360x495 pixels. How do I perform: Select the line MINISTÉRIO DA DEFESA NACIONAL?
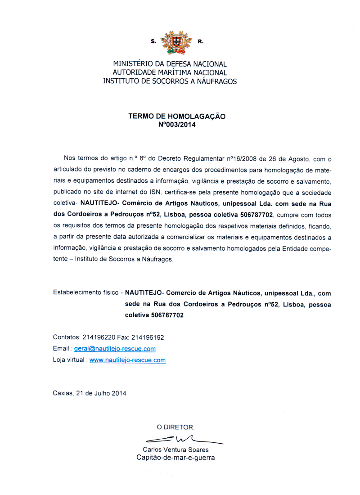pyautogui.click(x=170, y=64)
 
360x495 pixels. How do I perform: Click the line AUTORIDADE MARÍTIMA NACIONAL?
pyautogui.click(x=170, y=73)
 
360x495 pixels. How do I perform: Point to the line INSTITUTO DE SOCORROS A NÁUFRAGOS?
pyautogui.click(x=170, y=81)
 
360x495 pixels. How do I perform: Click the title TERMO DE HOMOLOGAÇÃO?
pyautogui.click(x=177, y=116)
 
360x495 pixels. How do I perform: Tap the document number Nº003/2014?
pyautogui.click(x=177, y=125)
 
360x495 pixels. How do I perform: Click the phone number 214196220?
pyautogui.click(x=99, y=337)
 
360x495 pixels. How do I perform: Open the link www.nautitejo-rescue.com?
pyautogui.click(x=128, y=360)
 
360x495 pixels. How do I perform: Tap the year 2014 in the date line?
pyautogui.click(x=118, y=393)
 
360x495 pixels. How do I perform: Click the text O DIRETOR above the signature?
pyautogui.click(x=175, y=427)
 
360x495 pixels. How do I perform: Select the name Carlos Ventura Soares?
pyautogui.click(x=175, y=450)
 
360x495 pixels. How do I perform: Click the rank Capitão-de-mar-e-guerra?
pyautogui.click(x=175, y=458)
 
